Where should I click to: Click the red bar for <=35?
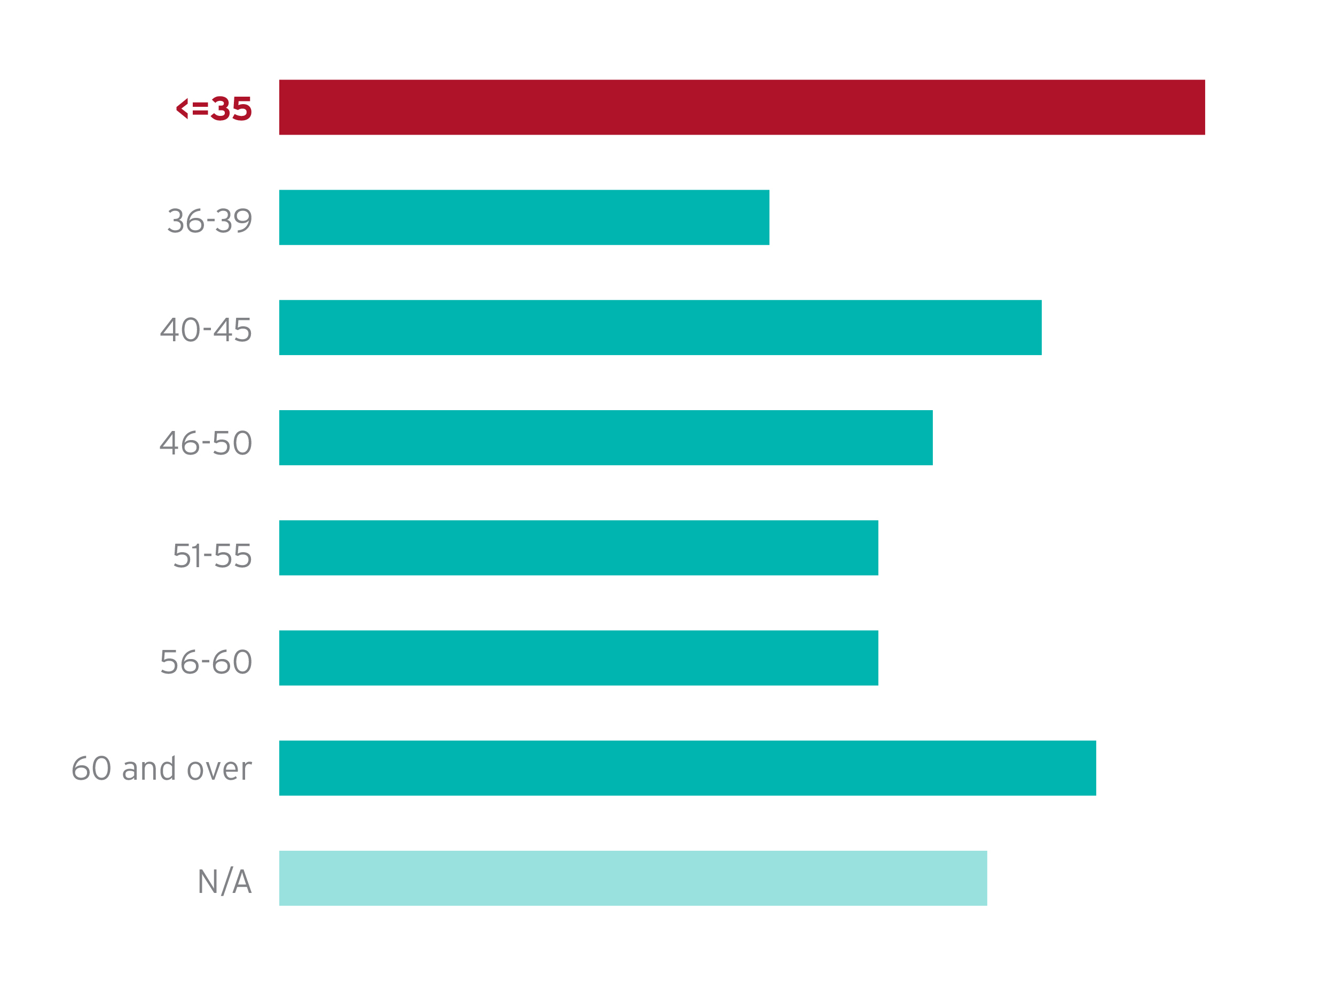[x=742, y=107]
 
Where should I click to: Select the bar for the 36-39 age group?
[x=524, y=217]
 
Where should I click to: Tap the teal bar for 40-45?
[x=660, y=327]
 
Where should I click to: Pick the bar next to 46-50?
[x=606, y=437]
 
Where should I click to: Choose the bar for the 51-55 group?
[x=578, y=548]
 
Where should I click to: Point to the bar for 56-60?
[x=578, y=657]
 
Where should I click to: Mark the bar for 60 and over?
[x=687, y=768]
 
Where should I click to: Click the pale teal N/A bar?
[x=633, y=878]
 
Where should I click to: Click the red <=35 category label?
[x=214, y=108]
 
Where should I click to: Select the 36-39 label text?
[x=209, y=221]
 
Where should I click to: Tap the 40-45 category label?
[x=206, y=330]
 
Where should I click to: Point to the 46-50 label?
[x=206, y=443]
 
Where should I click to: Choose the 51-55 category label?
[x=212, y=556]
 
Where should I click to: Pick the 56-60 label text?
[x=206, y=662]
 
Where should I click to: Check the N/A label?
[x=224, y=881]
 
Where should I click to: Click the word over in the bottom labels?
[x=219, y=770]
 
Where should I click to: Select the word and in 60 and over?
[x=148, y=768]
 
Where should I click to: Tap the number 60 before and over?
[x=91, y=768]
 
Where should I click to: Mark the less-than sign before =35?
[x=182, y=108]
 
